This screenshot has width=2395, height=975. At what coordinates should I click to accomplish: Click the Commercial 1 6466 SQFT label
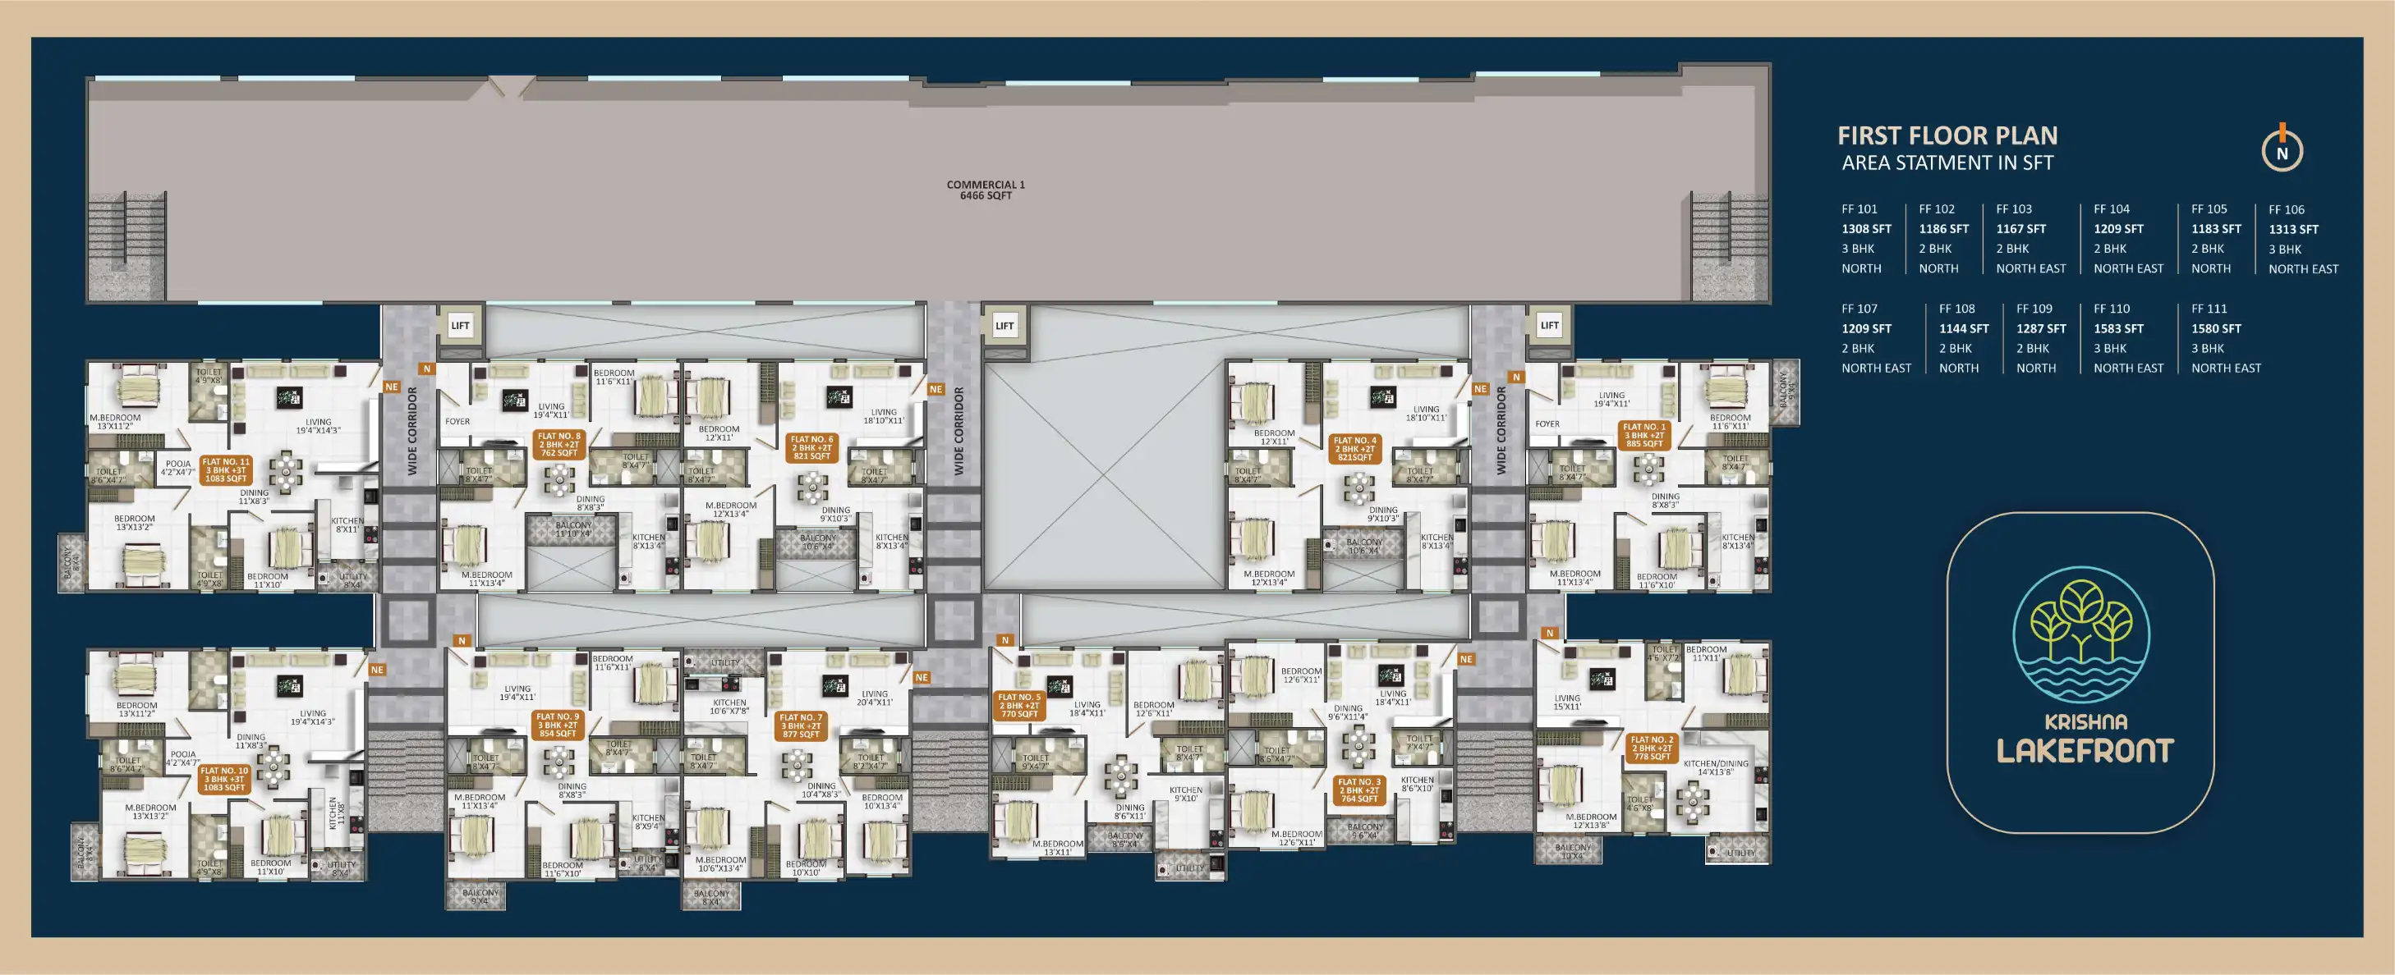point(986,190)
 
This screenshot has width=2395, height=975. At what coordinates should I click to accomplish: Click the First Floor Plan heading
point(1947,135)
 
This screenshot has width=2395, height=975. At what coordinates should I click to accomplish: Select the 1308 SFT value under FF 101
point(1866,229)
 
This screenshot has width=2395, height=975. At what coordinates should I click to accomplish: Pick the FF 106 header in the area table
point(2287,210)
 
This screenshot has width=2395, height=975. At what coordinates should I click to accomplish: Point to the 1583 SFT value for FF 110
point(2118,329)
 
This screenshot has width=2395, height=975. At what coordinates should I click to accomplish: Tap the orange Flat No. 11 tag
point(226,469)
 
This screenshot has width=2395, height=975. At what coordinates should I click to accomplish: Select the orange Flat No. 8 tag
point(559,444)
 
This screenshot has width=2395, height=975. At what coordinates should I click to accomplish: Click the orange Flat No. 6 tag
point(811,447)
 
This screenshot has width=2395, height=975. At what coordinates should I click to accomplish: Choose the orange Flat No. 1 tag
point(1643,435)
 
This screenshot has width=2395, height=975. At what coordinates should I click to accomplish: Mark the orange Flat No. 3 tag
point(1359,790)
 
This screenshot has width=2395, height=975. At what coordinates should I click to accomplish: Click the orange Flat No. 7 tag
point(801,726)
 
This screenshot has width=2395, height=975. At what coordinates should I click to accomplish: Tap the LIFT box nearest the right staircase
point(1549,325)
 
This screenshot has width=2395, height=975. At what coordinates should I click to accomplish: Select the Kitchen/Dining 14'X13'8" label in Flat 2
point(1716,767)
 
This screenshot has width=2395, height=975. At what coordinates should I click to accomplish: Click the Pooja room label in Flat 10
point(182,758)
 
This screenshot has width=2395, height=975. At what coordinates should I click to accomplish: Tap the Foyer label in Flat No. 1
point(1547,423)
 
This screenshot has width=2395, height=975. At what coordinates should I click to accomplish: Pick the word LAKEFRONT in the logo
point(2085,751)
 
